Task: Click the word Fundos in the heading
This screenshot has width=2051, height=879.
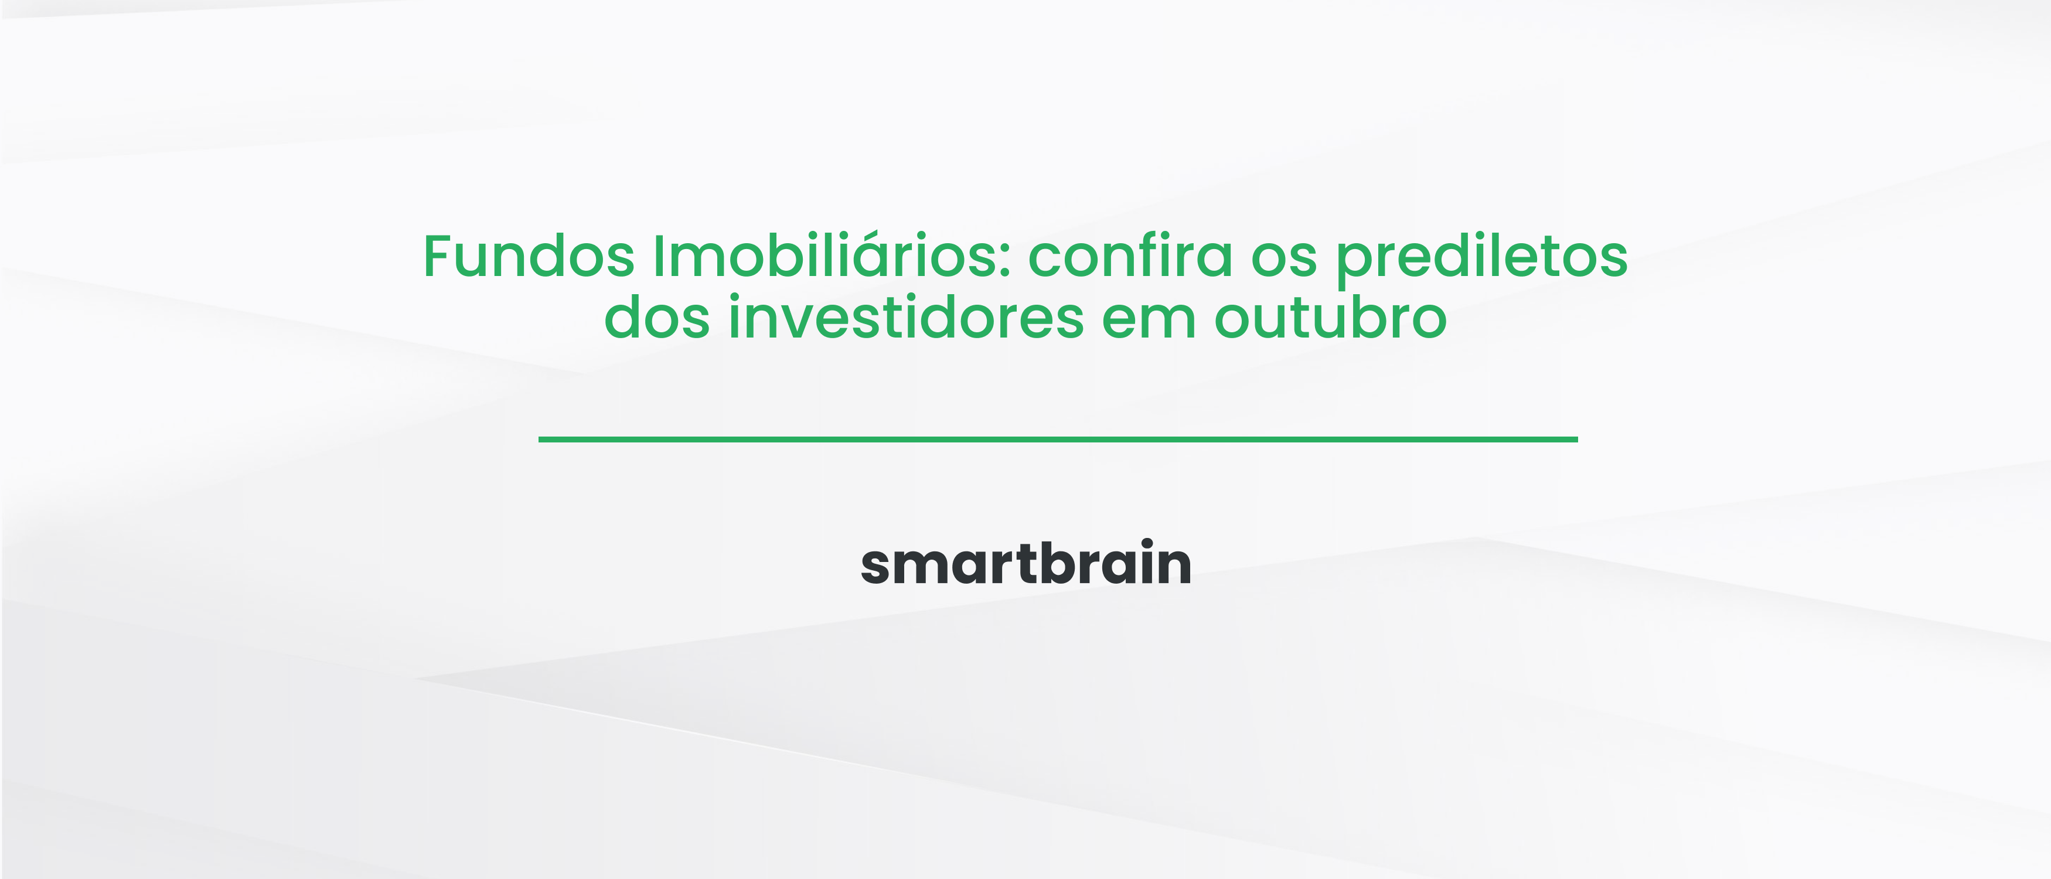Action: (x=528, y=257)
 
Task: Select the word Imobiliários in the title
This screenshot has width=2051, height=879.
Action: (x=832, y=257)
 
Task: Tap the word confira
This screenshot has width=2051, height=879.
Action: (x=1130, y=257)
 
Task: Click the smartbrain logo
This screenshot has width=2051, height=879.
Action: (x=1025, y=564)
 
